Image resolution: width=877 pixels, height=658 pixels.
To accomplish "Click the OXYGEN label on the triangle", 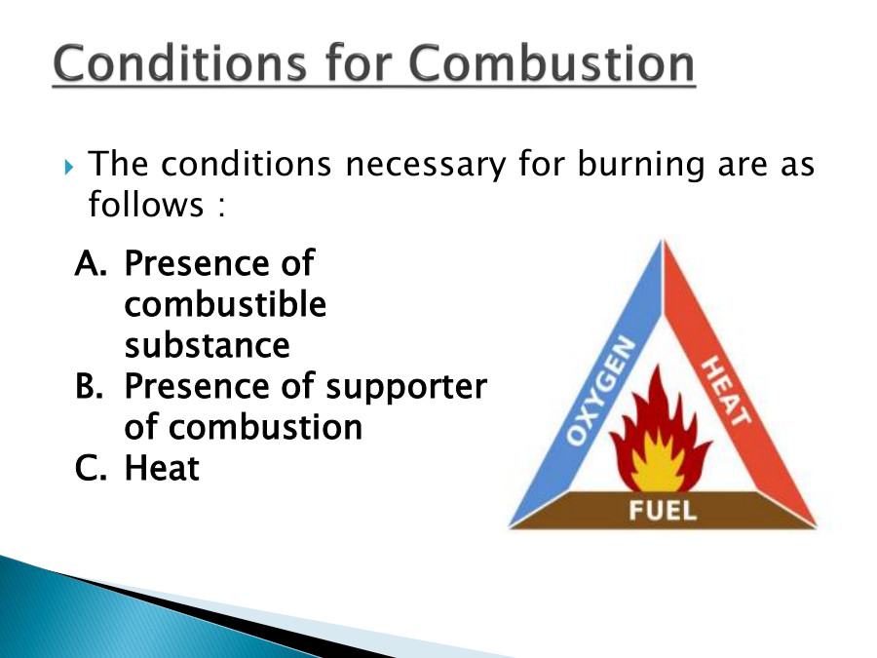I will coord(602,394).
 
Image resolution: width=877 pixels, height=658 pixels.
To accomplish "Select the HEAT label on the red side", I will coord(727,390).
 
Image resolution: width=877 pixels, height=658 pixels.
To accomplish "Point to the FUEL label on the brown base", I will coord(663,511).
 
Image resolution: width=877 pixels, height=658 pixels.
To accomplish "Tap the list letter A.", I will coord(89,263).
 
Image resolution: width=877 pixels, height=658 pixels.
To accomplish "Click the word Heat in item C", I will coord(162,469).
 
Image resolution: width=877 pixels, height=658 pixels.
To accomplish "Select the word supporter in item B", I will coord(405,388).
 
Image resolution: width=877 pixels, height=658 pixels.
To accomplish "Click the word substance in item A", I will coord(207,345).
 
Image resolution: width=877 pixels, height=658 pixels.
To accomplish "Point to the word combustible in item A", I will coord(225,304).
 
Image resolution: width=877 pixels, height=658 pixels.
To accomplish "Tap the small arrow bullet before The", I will coord(68,168).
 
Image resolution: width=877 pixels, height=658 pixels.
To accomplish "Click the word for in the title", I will coord(364,64).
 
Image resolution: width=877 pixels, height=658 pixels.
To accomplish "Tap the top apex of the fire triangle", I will coord(664,244).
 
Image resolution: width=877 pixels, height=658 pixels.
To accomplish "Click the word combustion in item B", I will coord(266,428).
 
